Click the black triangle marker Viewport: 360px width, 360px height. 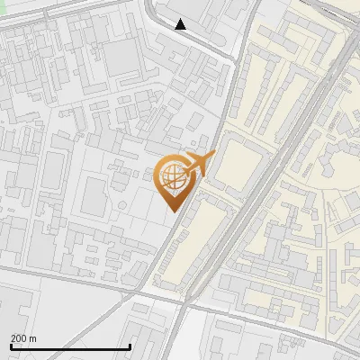tap(181, 24)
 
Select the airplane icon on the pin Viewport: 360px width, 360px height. tap(201, 163)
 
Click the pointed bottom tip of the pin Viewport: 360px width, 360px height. tap(174, 211)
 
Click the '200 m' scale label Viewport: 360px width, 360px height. tap(23, 338)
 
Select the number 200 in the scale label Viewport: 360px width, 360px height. tap(19, 338)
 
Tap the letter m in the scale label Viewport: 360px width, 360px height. tap(32, 338)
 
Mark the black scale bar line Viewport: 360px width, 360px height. tap(70, 346)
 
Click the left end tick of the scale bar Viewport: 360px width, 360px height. tap(11, 345)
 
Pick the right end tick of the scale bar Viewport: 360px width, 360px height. tap(130, 345)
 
